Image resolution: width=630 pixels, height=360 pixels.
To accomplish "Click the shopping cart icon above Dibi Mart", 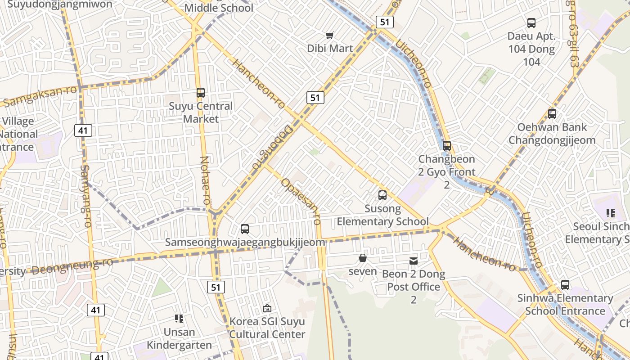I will (x=330, y=35).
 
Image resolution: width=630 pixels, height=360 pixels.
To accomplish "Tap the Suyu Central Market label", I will (x=201, y=112).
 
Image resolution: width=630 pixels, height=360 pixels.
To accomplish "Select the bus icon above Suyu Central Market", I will (x=201, y=93).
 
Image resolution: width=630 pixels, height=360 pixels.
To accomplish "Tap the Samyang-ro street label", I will (x=85, y=196).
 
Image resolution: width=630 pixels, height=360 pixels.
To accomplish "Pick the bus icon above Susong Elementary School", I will (x=382, y=195).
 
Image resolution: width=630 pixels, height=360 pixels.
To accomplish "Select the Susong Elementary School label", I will (x=382, y=215).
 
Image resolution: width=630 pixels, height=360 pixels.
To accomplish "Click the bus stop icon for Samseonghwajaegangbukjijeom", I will (x=245, y=229).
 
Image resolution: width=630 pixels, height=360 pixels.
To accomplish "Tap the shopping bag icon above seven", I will (x=363, y=258).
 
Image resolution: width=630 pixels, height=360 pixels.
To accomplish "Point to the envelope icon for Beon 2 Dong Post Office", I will (x=414, y=261).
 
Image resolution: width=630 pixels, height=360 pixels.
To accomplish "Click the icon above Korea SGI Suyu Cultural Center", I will (x=267, y=308).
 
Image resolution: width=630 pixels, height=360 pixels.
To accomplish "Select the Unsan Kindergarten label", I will (x=179, y=338).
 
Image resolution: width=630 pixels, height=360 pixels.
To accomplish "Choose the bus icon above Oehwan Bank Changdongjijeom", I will (x=552, y=114).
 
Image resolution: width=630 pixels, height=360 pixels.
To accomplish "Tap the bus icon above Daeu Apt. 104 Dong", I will (x=531, y=23).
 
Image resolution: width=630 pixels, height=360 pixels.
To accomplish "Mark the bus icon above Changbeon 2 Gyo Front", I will (x=447, y=146).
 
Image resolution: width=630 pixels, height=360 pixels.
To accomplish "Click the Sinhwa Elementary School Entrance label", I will (x=565, y=305).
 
